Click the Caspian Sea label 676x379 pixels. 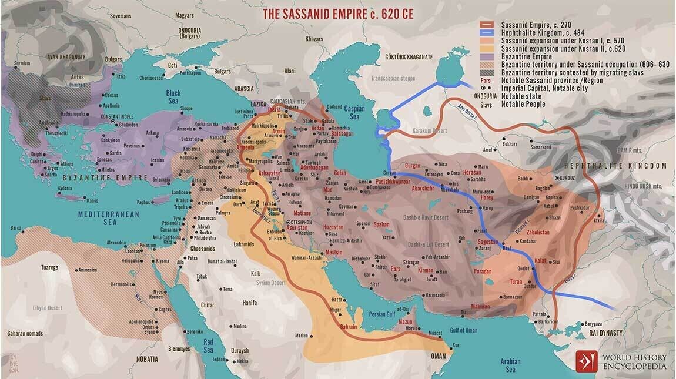(354, 113)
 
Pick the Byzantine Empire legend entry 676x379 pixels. (527, 57)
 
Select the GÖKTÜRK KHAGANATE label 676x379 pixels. (407, 57)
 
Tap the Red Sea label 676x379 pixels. (208, 346)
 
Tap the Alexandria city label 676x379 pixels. (116, 243)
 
